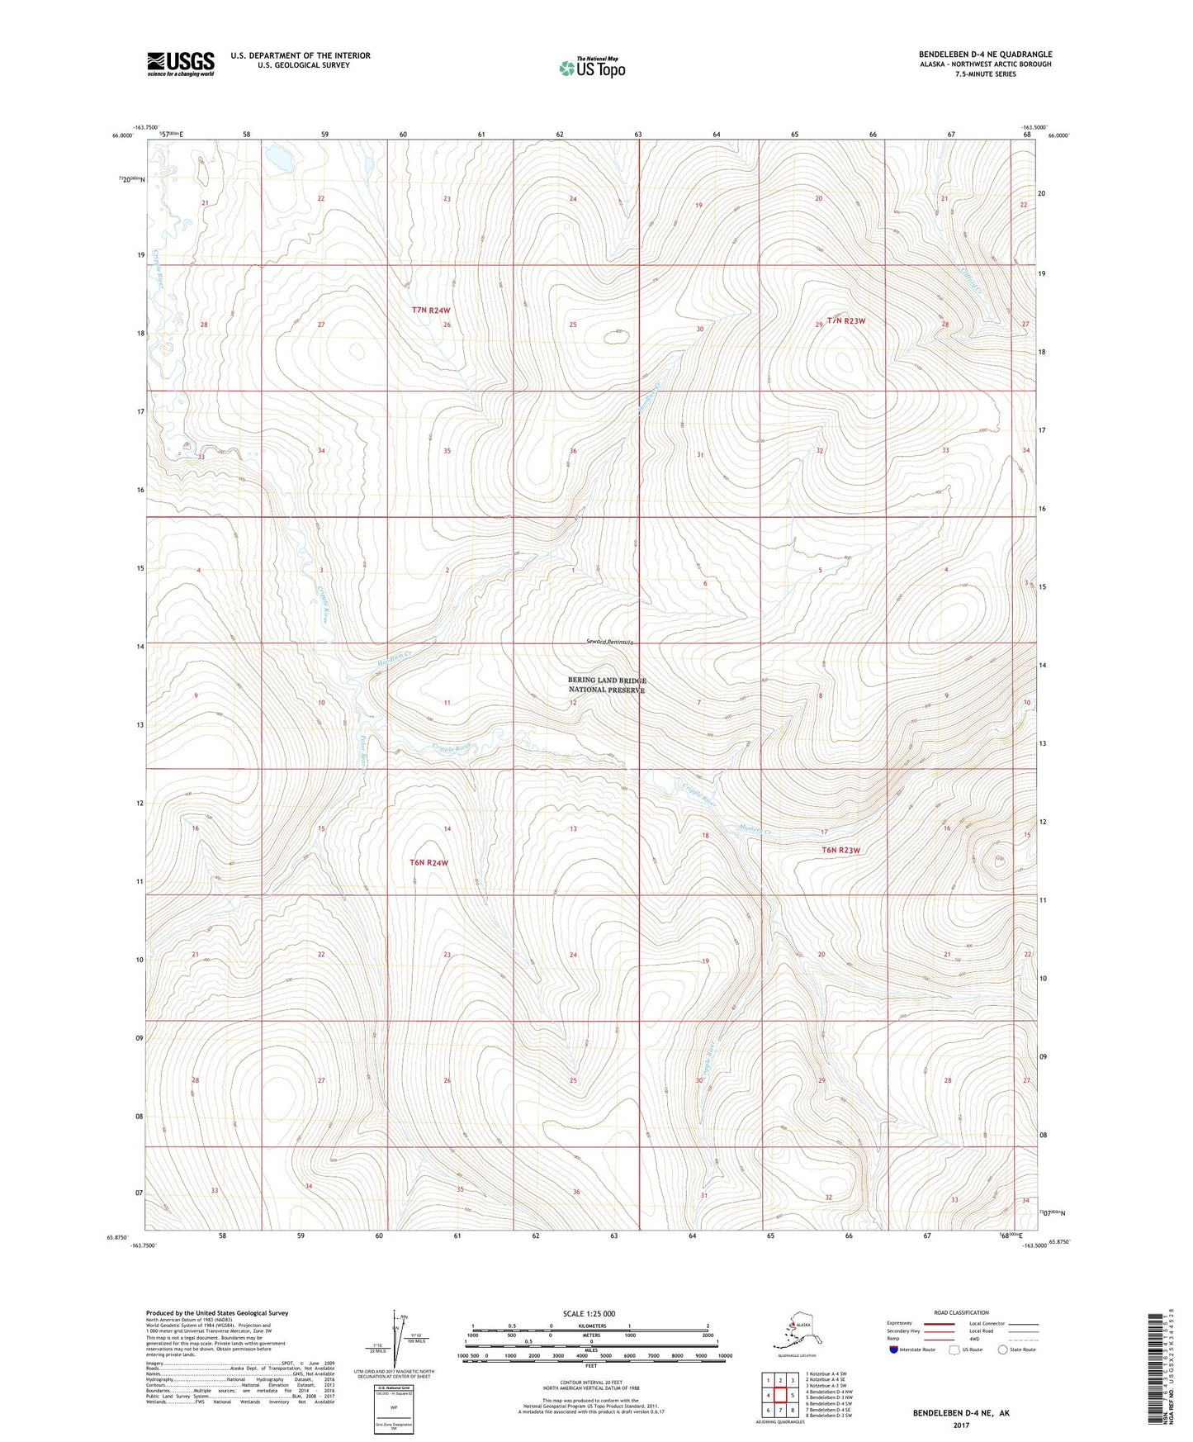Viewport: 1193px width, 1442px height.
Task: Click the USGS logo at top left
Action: [x=180, y=64]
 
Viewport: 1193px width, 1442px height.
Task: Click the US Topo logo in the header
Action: [x=591, y=68]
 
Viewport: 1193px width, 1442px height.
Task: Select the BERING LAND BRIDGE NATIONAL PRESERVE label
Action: [x=607, y=685]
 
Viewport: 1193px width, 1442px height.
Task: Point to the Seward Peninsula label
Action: [x=610, y=642]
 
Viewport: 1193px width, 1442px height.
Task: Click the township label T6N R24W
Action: [x=429, y=862]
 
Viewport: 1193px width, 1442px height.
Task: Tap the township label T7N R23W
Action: [x=846, y=320]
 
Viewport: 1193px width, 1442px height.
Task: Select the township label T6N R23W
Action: [x=840, y=850]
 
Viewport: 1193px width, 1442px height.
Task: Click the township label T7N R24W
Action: [x=431, y=311]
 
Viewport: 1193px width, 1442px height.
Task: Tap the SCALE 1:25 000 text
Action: [x=589, y=1313]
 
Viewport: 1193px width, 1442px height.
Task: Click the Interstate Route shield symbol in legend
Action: [x=894, y=1350]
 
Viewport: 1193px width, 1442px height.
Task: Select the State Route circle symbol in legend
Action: [x=1003, y=1350]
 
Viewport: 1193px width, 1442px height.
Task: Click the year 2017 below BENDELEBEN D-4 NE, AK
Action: [x=960, y=1425]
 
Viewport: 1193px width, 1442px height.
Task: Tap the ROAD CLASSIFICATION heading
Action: [x=960, y=1312]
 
